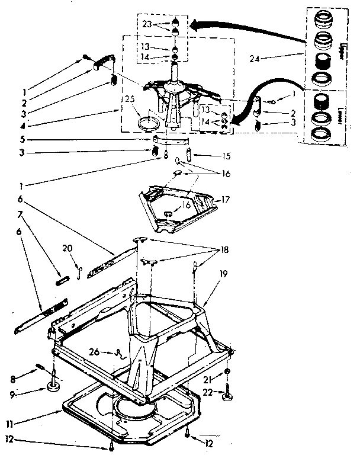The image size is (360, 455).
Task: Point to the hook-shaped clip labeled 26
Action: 120,354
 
